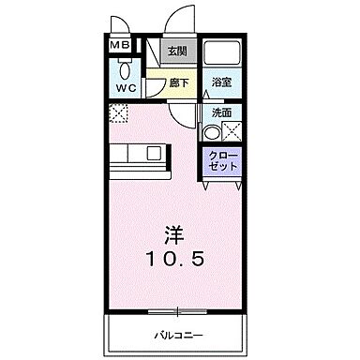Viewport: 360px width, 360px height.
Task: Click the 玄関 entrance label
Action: [x=177, y=52]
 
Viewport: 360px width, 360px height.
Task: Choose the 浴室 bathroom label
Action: [x=221, y=82]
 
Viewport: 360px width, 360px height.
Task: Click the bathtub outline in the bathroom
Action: [x=221, y=54]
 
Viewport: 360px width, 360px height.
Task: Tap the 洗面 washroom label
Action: [x=221, y=111]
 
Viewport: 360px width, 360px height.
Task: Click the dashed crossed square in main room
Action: [x=118, y=114]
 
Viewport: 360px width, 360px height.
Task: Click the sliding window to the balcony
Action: [x=177, y=309]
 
